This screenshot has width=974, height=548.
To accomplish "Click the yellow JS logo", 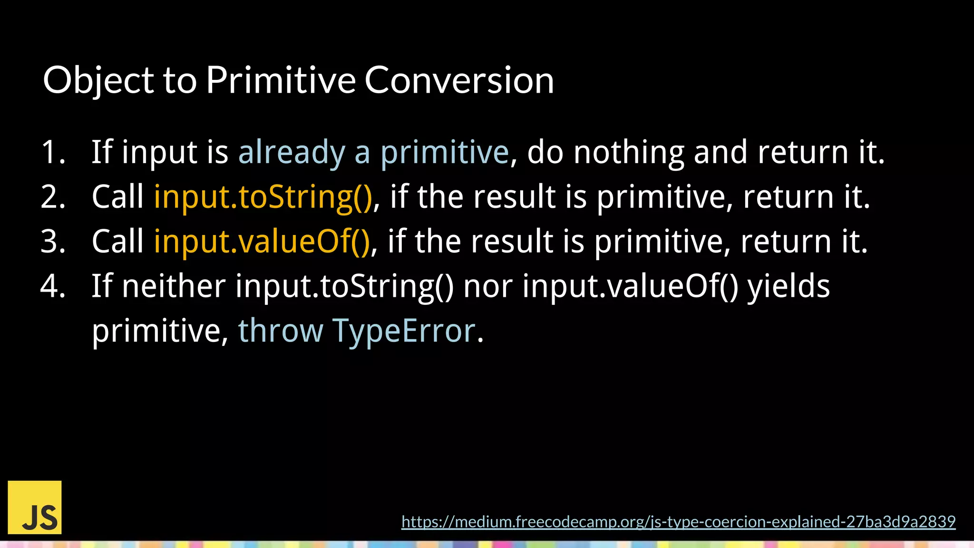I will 35,507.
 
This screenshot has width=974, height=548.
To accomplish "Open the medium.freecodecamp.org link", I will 678,522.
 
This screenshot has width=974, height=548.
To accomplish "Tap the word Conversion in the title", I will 459,80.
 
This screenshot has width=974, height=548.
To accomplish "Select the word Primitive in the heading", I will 281,80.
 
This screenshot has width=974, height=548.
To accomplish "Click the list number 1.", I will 53,153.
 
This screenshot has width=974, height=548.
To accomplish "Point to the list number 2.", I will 53,197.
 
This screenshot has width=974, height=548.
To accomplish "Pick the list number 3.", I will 53,242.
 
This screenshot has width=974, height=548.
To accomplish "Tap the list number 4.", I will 53,286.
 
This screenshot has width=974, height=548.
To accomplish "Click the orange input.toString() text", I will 263,197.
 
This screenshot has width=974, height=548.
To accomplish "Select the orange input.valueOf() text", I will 262,242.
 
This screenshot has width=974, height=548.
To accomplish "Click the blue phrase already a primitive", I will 373,153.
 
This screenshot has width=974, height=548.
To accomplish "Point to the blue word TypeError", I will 404,331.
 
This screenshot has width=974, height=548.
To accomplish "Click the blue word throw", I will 281,331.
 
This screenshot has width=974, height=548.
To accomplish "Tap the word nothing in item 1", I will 629,153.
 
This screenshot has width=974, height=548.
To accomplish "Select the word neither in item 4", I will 174,286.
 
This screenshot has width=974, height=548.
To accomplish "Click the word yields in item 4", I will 789,286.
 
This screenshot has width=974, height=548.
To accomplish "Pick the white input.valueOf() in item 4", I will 630,286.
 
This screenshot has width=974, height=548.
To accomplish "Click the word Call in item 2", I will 117,197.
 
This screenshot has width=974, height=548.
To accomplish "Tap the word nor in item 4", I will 487,286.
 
